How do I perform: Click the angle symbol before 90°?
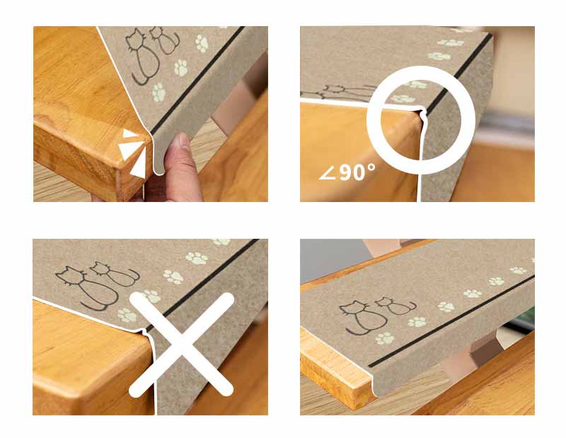click(328, 174)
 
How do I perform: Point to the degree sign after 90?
click(371, 167)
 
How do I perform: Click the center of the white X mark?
click(181, 345)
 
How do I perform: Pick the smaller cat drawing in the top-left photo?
click(165, 40)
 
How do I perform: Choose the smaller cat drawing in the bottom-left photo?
click(115, 274)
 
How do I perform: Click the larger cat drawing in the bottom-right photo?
click(363, 317)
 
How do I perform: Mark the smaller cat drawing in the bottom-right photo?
click(395, 306)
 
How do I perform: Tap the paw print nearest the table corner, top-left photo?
click(158, 93)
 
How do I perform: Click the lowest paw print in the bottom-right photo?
click(385, 338)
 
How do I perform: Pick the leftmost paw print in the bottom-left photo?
click(127, 314)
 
